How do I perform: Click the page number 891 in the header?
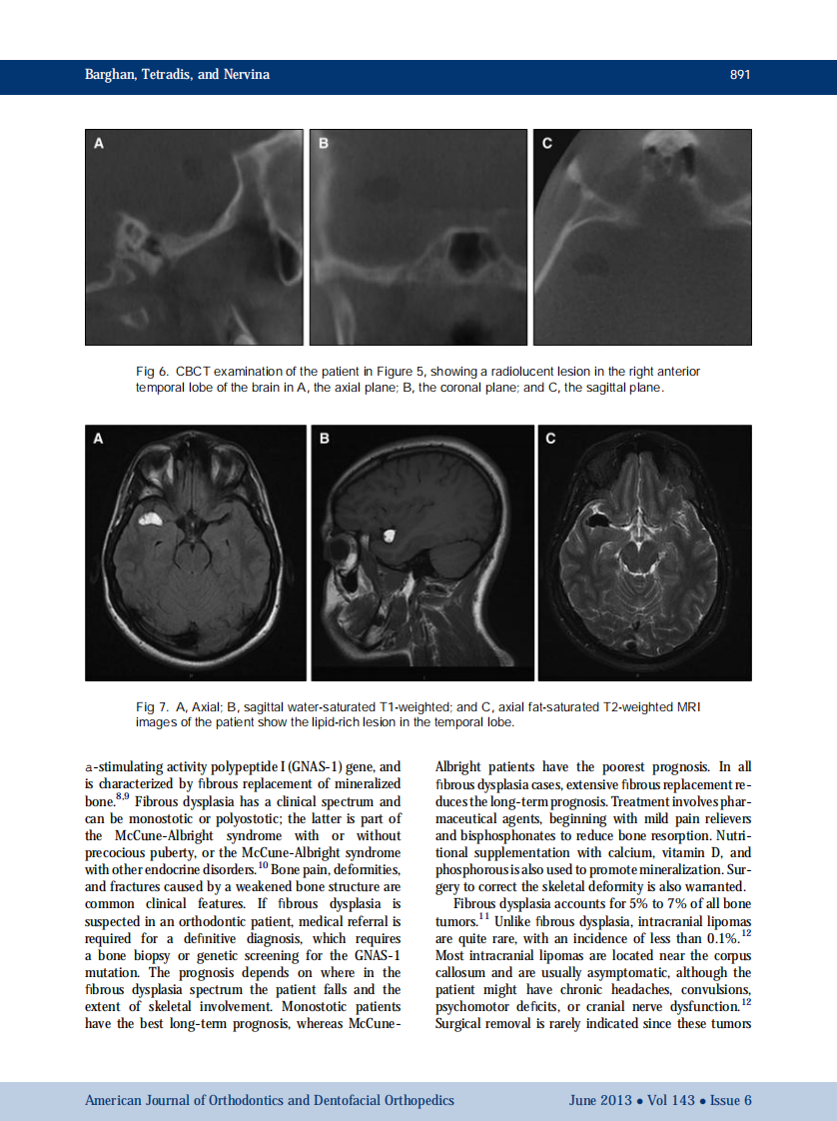739,75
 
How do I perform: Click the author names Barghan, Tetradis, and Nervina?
177,75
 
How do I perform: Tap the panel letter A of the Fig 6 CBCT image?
98,144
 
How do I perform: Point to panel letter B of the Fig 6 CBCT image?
323,144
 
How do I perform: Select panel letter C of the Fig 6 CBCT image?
546,144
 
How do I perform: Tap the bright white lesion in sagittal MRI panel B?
391,535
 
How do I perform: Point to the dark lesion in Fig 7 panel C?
600,518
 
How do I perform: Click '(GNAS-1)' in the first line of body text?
315,766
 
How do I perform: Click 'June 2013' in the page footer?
599,1100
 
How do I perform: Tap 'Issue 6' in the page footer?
731,1100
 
